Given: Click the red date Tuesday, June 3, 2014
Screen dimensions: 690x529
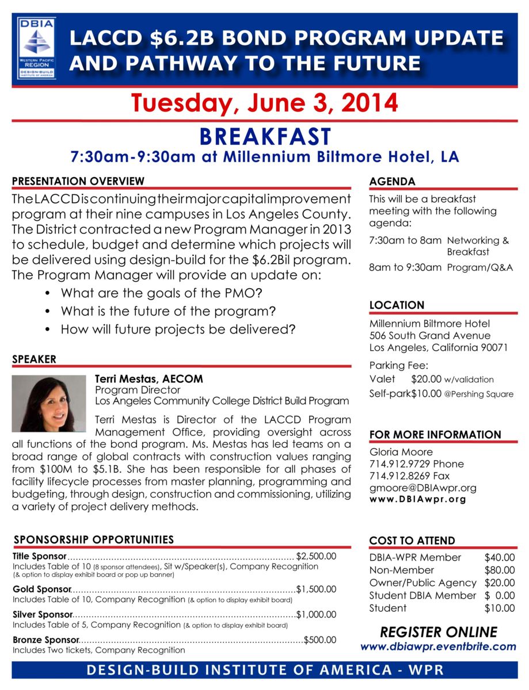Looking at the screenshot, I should (264, 103).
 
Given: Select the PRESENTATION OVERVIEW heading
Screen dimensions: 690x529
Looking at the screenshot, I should (78, 181).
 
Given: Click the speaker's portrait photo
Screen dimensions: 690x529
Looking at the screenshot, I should (49, 404).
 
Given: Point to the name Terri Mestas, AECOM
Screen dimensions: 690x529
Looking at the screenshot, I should (149, 379).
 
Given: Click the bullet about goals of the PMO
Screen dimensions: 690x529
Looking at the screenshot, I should (162, 293).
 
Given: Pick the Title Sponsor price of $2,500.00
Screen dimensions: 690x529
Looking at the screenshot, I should (316, 556).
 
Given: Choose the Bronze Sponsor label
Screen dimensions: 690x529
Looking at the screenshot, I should (45, 639).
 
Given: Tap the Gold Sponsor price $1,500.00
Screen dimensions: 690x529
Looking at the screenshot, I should (316, 589).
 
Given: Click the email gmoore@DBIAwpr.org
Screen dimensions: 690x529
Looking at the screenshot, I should (423, 488).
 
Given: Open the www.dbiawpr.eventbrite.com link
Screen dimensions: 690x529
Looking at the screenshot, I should (438, 646).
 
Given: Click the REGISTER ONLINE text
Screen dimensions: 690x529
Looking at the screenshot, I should (438, 632).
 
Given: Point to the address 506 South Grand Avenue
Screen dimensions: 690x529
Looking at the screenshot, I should (429, 335).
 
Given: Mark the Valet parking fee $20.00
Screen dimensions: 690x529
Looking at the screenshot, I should (426, 379).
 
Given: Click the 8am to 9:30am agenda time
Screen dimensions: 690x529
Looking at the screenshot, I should (405, 267).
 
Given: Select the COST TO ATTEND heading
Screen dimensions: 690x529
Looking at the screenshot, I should (412, 540).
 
